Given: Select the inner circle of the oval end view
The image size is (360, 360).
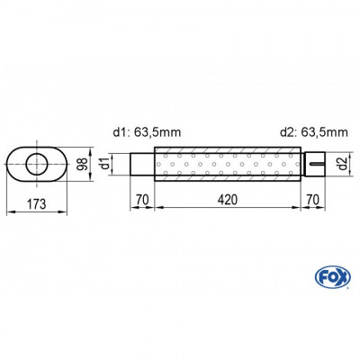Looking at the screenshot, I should click(x=38, y=163).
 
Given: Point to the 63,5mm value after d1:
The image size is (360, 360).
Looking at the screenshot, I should click(x=158, y=132).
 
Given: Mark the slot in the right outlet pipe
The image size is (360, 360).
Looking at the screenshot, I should click(x=313, y=164).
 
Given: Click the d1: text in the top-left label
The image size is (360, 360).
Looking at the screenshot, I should click(x=123, y=132).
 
